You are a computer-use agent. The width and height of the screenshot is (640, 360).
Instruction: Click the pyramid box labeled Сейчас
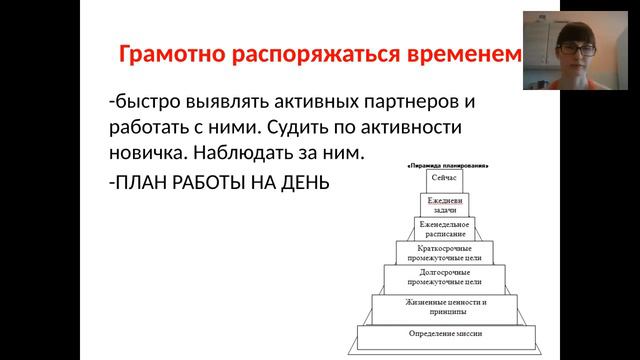(445, 179)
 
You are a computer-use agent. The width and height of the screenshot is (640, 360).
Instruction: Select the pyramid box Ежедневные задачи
(445, 205)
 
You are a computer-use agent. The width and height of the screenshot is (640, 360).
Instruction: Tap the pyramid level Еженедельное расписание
(445, 228)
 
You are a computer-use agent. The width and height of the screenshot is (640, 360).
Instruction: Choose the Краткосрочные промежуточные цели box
(445, 252)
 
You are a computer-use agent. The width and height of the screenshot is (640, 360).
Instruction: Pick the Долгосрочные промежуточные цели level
(445, 278)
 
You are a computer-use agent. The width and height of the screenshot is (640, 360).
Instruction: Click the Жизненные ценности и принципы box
(445, 307)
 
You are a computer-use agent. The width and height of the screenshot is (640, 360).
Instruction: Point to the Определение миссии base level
(445, 334)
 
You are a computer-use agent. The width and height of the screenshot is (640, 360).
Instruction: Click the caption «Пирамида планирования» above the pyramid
(445, 162)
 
